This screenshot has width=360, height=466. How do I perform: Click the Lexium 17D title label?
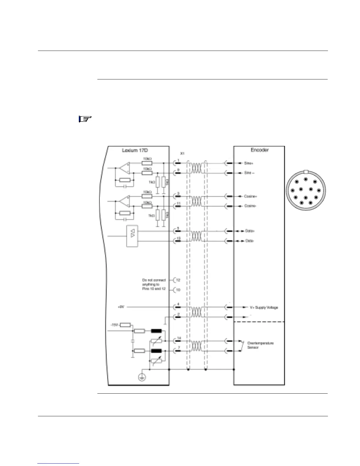pos(135,150)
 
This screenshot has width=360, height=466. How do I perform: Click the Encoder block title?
pos(259,150)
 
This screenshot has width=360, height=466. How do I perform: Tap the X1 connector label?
pos(182,154)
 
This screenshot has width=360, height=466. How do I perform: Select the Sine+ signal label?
pos(249,163)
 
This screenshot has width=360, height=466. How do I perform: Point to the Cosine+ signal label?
pos(251,196)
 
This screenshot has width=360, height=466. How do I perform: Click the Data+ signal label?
pos(250,231)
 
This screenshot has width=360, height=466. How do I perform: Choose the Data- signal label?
pos(250,241)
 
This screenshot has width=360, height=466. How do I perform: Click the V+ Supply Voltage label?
pos(264,307)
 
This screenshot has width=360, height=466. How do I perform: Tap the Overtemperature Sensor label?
pos(260,345)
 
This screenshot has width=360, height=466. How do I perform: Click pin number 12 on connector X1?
pos(178,280)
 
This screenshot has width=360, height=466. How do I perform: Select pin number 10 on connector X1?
pos(178,290)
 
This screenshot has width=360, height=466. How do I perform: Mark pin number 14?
pos(179,338)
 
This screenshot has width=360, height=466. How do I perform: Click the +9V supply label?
pos(121,307)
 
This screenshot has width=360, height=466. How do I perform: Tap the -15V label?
pos(114,325)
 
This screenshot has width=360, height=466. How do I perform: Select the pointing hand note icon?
pos(85,119)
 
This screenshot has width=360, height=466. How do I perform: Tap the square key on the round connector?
pos(306,172)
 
